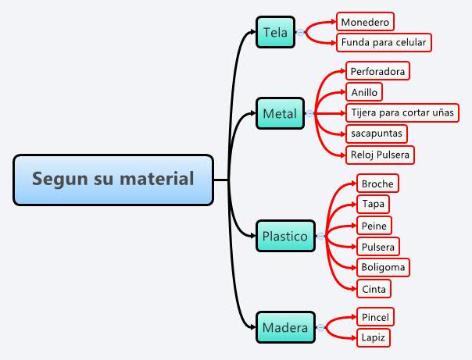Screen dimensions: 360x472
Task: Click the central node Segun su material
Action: tap(113, 180)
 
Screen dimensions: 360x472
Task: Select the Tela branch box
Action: tap(275, 33)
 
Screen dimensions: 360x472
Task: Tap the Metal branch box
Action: tap(280, 114)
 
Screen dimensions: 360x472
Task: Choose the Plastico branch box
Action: tap(285, 235)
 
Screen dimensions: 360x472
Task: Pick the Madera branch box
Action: tap(285, 327)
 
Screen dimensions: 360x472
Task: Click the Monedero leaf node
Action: tap(365, 21)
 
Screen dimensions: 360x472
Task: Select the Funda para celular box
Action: tap(384, 42)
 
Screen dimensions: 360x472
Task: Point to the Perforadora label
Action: tap(377, 71)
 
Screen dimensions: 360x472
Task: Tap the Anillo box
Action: tap(365, 92)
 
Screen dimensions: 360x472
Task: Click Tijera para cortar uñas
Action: tap(402, 113)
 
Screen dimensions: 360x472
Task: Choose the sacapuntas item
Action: tap(377, 134)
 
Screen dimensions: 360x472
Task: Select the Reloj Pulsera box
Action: tap(380, 155)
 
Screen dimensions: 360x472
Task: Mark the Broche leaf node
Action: tap(377, 184)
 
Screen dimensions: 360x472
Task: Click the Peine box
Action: tap(374, 226)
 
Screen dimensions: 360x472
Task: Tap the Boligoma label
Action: tap(383, 268)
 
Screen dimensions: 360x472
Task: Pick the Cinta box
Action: tap(374, 289)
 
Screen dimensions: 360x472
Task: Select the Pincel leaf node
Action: tap(375, 317)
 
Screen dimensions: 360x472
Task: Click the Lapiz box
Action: tap(373, 338)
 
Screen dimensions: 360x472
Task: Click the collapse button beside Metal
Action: tap(310, 114)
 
